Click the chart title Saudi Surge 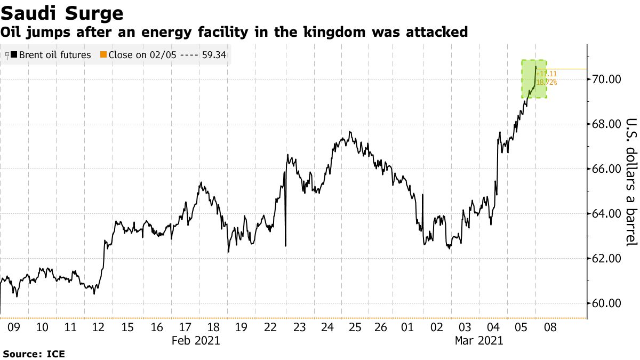coord(62,13)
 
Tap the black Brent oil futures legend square coord(13,55)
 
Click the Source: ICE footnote coord(34,354)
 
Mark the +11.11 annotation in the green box coord(547,74)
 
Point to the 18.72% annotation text coord(547,82)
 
